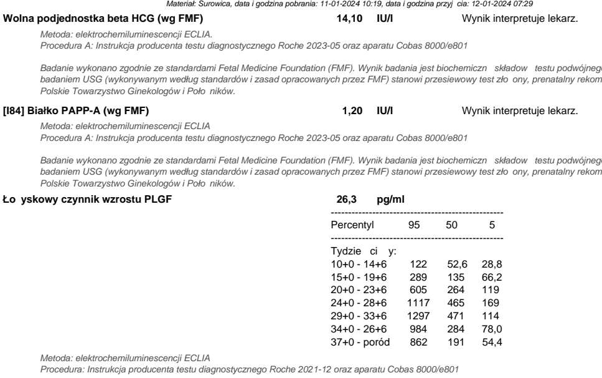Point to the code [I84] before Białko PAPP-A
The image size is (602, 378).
(x=14, y=111)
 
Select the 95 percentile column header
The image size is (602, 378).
(x=413, y=225)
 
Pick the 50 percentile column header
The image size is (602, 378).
(x=453, y=225)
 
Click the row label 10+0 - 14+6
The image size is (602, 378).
(x=359, y=264)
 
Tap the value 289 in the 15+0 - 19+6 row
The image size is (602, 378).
(x=418, y=276)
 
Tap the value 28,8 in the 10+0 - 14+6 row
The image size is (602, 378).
(x=491, y=264)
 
